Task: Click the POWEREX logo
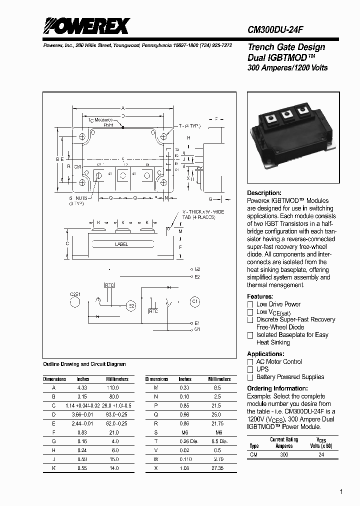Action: (x=85, y=25)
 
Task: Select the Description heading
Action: (x=264, y=193)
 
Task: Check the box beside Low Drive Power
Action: (x=250, y=304)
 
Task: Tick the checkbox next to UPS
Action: (x=250, y=369)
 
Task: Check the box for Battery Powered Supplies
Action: (x=250, y=377)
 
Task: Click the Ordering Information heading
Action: (x=277, y=388)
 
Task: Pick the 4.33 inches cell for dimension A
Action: (x=82, y=387)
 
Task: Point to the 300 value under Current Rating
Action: (x=283, y=455)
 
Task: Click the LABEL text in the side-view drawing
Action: (x=121, y=244)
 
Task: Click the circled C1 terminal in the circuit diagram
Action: (x=195, y=302)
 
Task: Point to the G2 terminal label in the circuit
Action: (x=197, y=269)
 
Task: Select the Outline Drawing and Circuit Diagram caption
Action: (x=84, y=364)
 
